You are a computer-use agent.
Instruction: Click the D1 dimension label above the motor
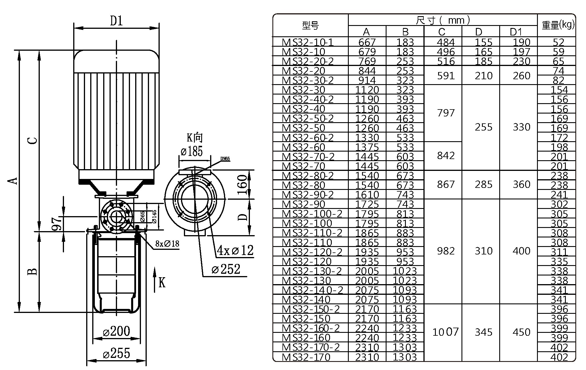pyautogui.click(x=117, y=21)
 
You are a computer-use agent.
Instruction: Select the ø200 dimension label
pyautogui.click(x=116, y=331)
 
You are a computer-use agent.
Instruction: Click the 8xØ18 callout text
pyautogui.click(x=167, y=244)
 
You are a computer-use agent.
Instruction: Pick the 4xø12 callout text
pyautogui.click(x=235, y=250)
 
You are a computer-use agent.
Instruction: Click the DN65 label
pyautogui.click(x=225, y=159)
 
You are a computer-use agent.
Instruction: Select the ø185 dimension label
pyautogui.click(x=192, y=151)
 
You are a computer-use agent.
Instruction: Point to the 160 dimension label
pyautogui.click(x=243, y=185)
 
